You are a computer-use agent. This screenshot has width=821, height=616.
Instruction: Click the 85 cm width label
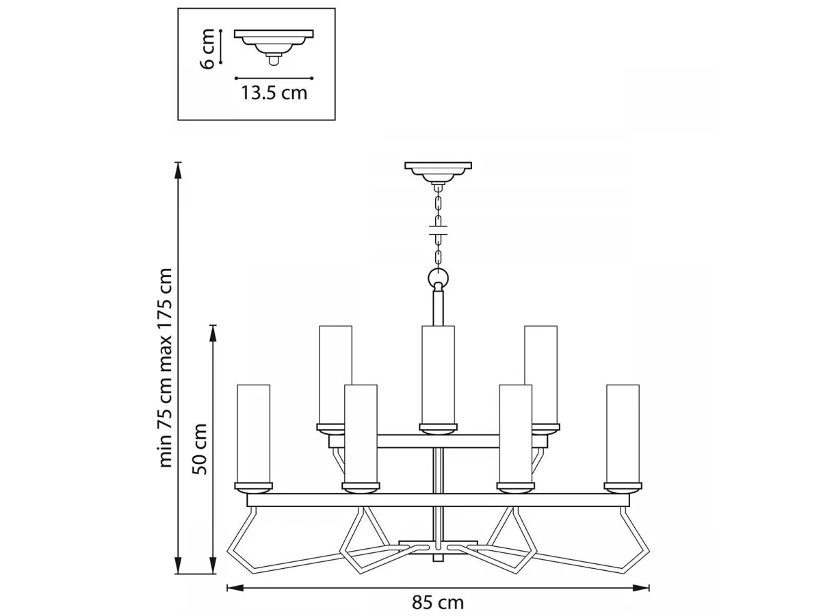(x=438, y=603)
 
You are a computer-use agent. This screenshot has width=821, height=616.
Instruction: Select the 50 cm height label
(x=199, y=449)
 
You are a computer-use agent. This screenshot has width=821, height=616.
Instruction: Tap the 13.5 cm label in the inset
(x=274, y=93)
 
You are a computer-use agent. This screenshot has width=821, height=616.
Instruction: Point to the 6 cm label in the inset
(x=207, y=49)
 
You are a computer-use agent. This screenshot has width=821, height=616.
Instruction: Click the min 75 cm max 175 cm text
(x=165, y=368)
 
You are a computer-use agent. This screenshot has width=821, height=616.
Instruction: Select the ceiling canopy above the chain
(x=438, y=172)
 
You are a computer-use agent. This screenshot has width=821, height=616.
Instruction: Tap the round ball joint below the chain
(x=438, y=278)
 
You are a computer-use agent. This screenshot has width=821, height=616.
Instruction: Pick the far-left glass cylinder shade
(x=253, y=434)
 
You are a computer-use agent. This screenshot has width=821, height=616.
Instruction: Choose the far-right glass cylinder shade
(x=623, y=434)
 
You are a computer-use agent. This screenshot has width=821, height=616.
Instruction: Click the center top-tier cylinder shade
(x=438, y=375)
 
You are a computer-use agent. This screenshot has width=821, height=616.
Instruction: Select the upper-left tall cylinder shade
(x=335, y=375)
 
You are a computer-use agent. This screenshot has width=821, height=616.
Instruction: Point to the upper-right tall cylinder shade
(x=541, y=375)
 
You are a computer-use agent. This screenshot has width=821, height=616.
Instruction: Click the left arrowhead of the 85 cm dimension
(x=235, y=588)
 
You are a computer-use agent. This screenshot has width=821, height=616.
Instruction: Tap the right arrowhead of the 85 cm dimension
(x=641, y=588)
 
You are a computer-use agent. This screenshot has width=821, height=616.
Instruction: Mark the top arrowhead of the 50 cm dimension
(x=213, y=333)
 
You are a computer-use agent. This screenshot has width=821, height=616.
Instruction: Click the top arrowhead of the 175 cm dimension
(x=179, y=170)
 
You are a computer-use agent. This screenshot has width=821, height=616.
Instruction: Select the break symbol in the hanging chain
(x=438, y=230)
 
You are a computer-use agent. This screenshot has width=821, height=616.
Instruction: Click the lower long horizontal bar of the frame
(x=438, y=500)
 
